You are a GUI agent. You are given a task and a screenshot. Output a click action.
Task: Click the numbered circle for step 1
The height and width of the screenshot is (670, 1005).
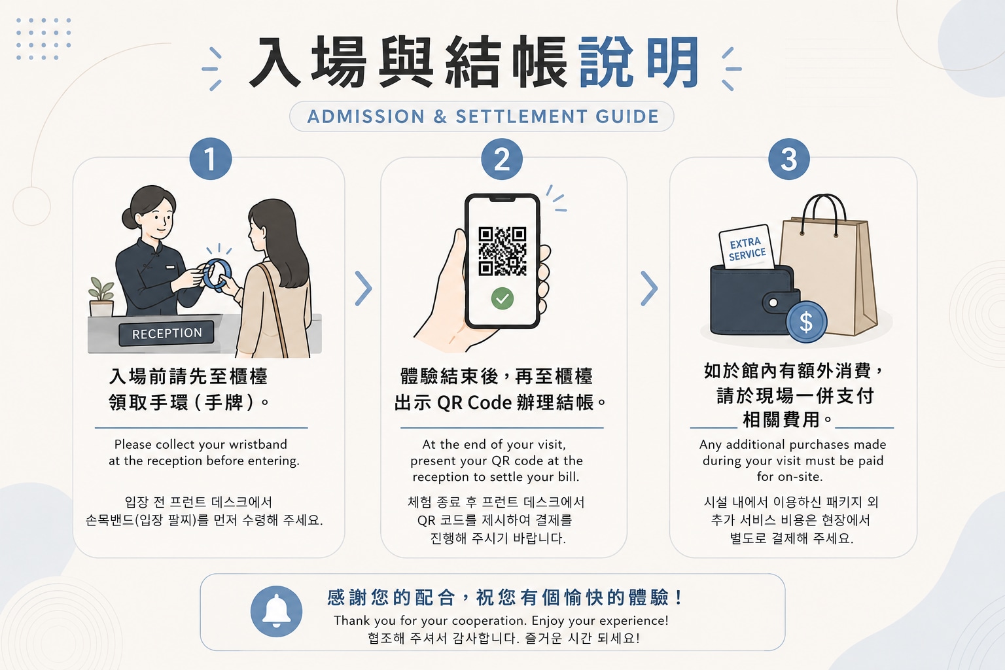(211, 159)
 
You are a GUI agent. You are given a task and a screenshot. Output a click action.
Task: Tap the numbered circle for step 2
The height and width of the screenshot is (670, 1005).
(502, 159)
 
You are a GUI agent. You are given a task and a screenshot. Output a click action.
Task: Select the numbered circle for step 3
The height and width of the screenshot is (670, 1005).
(788, 159)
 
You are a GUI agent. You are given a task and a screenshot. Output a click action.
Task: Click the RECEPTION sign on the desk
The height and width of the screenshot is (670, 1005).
(166, 333)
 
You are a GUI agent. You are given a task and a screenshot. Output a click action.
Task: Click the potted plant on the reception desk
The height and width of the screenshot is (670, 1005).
(101, 296)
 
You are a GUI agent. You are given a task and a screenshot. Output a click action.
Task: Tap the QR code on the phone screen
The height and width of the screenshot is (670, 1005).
(502, 251)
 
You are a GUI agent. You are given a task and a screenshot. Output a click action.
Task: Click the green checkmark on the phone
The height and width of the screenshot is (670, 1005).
(502, 298)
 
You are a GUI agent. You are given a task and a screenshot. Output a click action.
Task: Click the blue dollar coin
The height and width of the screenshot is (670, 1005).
(806, 322)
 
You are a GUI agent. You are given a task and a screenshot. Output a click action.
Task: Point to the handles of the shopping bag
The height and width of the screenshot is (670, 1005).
(824, 215)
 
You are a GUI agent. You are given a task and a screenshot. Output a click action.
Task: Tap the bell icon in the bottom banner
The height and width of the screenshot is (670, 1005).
(276, 611)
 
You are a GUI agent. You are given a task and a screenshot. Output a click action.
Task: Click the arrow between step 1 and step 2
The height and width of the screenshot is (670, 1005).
(363, 288)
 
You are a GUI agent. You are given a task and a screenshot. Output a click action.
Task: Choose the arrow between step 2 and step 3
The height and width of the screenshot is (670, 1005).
(649, 288)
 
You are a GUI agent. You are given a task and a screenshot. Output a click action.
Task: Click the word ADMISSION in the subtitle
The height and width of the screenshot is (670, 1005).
(366, 116)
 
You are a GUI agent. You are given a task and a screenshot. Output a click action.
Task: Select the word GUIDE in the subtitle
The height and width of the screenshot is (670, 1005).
(627, 116)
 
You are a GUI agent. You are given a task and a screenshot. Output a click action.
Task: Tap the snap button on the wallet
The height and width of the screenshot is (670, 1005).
(773, 302)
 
